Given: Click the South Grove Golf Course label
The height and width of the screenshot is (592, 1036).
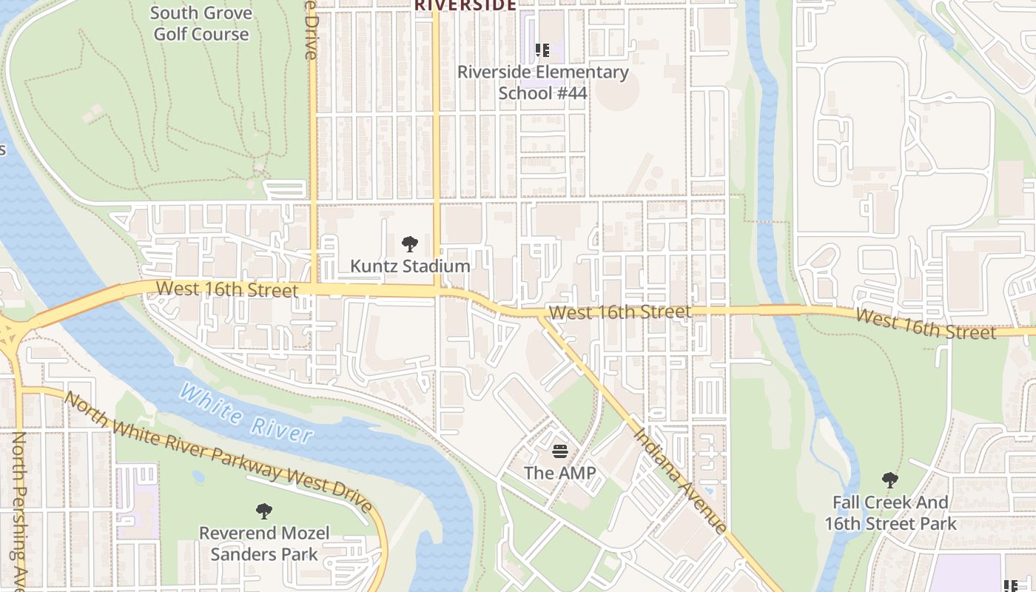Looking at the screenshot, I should point(201,24).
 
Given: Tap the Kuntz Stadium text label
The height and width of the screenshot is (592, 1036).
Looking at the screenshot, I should point(410,266).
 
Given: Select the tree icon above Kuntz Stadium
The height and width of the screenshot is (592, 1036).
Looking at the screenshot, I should point(409,244).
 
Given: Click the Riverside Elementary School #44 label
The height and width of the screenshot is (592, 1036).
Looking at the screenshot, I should point(542,82).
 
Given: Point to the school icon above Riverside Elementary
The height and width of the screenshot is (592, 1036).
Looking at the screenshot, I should point(542,50).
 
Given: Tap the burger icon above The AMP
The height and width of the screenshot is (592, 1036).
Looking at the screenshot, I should point(559,451).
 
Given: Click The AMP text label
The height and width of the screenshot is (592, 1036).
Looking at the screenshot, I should point(559,472).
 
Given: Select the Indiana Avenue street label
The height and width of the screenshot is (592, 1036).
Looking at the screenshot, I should point(679,480).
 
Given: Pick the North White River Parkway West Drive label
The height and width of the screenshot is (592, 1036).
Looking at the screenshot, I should point(218,452).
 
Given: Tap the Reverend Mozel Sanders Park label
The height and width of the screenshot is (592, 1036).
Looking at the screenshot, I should point(264,543).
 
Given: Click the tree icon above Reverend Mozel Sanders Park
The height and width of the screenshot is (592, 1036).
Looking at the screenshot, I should point(263,511).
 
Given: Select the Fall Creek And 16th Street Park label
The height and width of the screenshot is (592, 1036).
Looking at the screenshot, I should point(890,513).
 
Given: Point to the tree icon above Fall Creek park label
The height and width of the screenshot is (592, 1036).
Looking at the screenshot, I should point(889,480).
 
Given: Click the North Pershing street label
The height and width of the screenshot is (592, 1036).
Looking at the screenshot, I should point(18,511).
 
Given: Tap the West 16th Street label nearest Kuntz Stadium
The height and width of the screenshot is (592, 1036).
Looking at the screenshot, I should point(226,289).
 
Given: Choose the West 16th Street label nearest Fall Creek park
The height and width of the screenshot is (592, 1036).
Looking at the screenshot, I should point(925,324).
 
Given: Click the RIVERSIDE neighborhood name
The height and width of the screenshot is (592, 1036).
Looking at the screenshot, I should point(465,5).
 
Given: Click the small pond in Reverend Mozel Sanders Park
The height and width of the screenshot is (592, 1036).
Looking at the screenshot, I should point(198,476).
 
